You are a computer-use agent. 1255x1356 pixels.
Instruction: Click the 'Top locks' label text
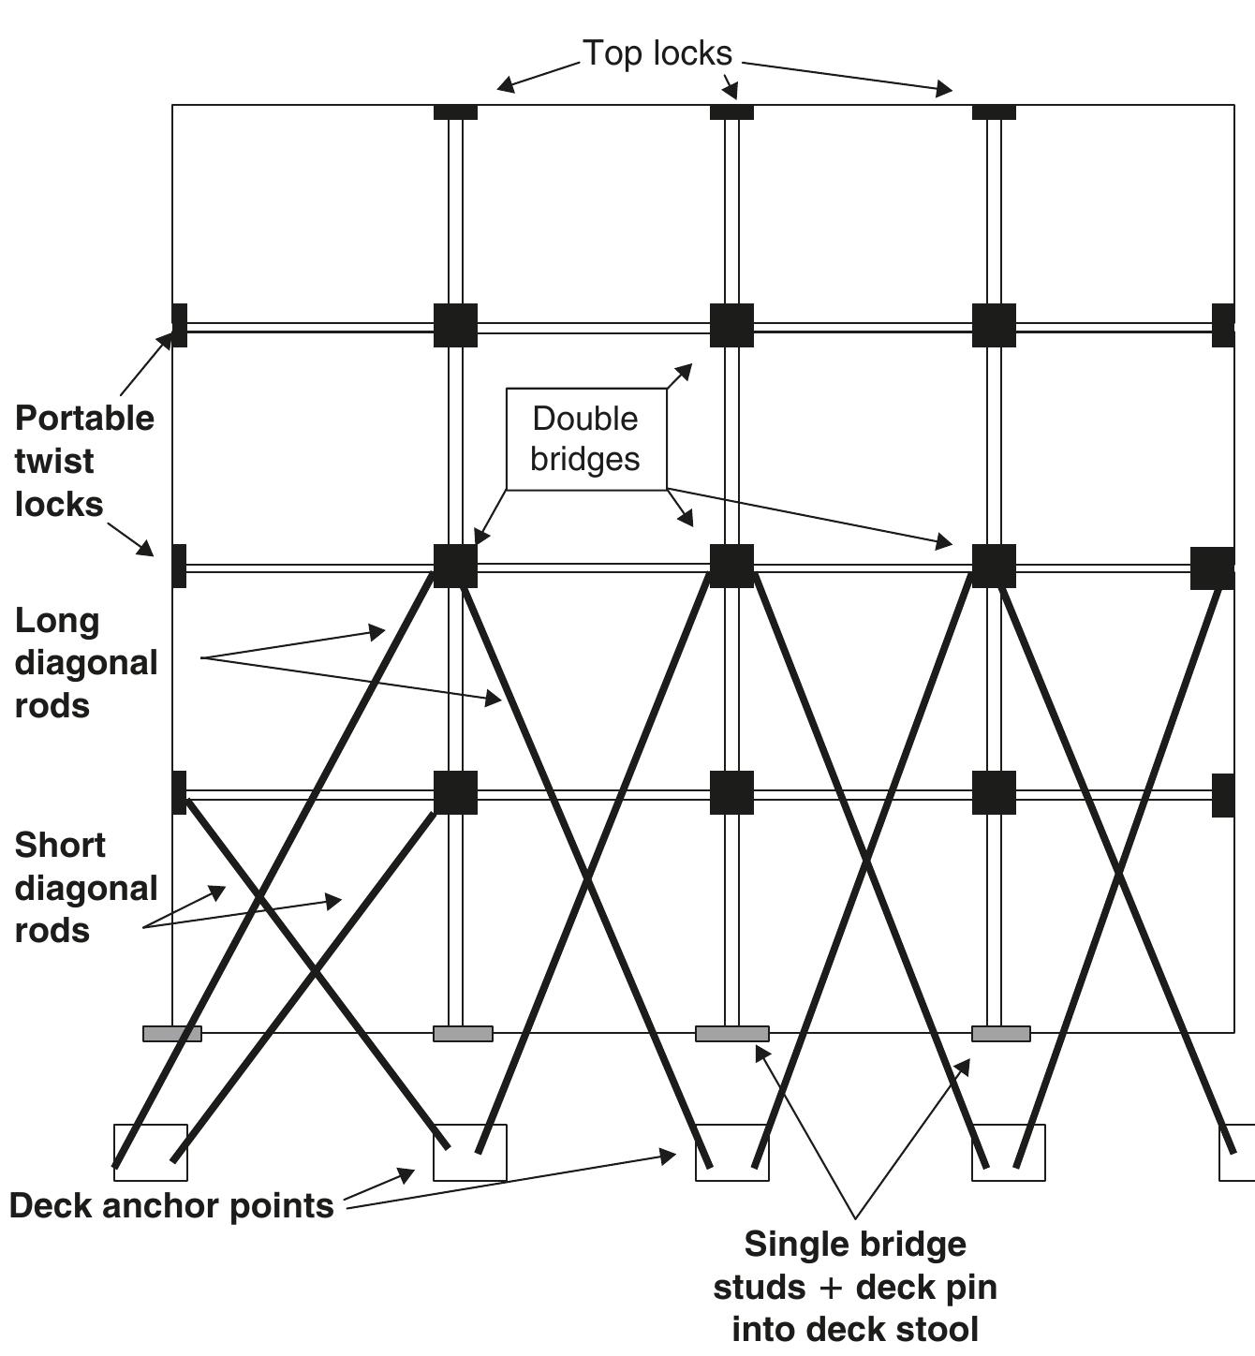[x=657, y=53]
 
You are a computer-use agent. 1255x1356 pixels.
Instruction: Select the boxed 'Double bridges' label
[x=585, y=438]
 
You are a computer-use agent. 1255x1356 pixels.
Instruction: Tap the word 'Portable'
[x=84, y=418]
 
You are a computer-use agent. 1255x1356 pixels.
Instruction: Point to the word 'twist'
[x=54, y=461]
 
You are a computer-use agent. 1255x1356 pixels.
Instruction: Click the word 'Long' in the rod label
[x=56, y=620]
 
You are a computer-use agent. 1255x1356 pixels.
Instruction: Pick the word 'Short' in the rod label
[x=60, y=845]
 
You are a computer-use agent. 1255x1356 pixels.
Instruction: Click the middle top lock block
[x=731, y=111]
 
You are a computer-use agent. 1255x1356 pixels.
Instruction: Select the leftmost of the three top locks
[x=455, y=111]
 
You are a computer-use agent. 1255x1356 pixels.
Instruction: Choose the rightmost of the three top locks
[x=994, y=111]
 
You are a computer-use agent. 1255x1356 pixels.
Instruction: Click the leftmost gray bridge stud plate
[x=172, y=1034]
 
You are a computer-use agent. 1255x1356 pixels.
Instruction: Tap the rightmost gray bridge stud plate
[x=1000, y=1034]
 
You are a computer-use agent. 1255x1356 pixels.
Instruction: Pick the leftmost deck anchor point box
[x=151, y=1152]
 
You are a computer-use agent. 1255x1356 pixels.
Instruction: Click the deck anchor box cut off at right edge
[x=1236, y=1152]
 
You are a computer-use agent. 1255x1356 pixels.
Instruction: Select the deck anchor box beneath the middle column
[x=731, y=1152]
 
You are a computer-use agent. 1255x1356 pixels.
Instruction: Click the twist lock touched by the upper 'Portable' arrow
[x=180, y=325]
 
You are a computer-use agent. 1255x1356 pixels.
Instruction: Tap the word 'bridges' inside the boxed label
[x=585, y=459]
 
